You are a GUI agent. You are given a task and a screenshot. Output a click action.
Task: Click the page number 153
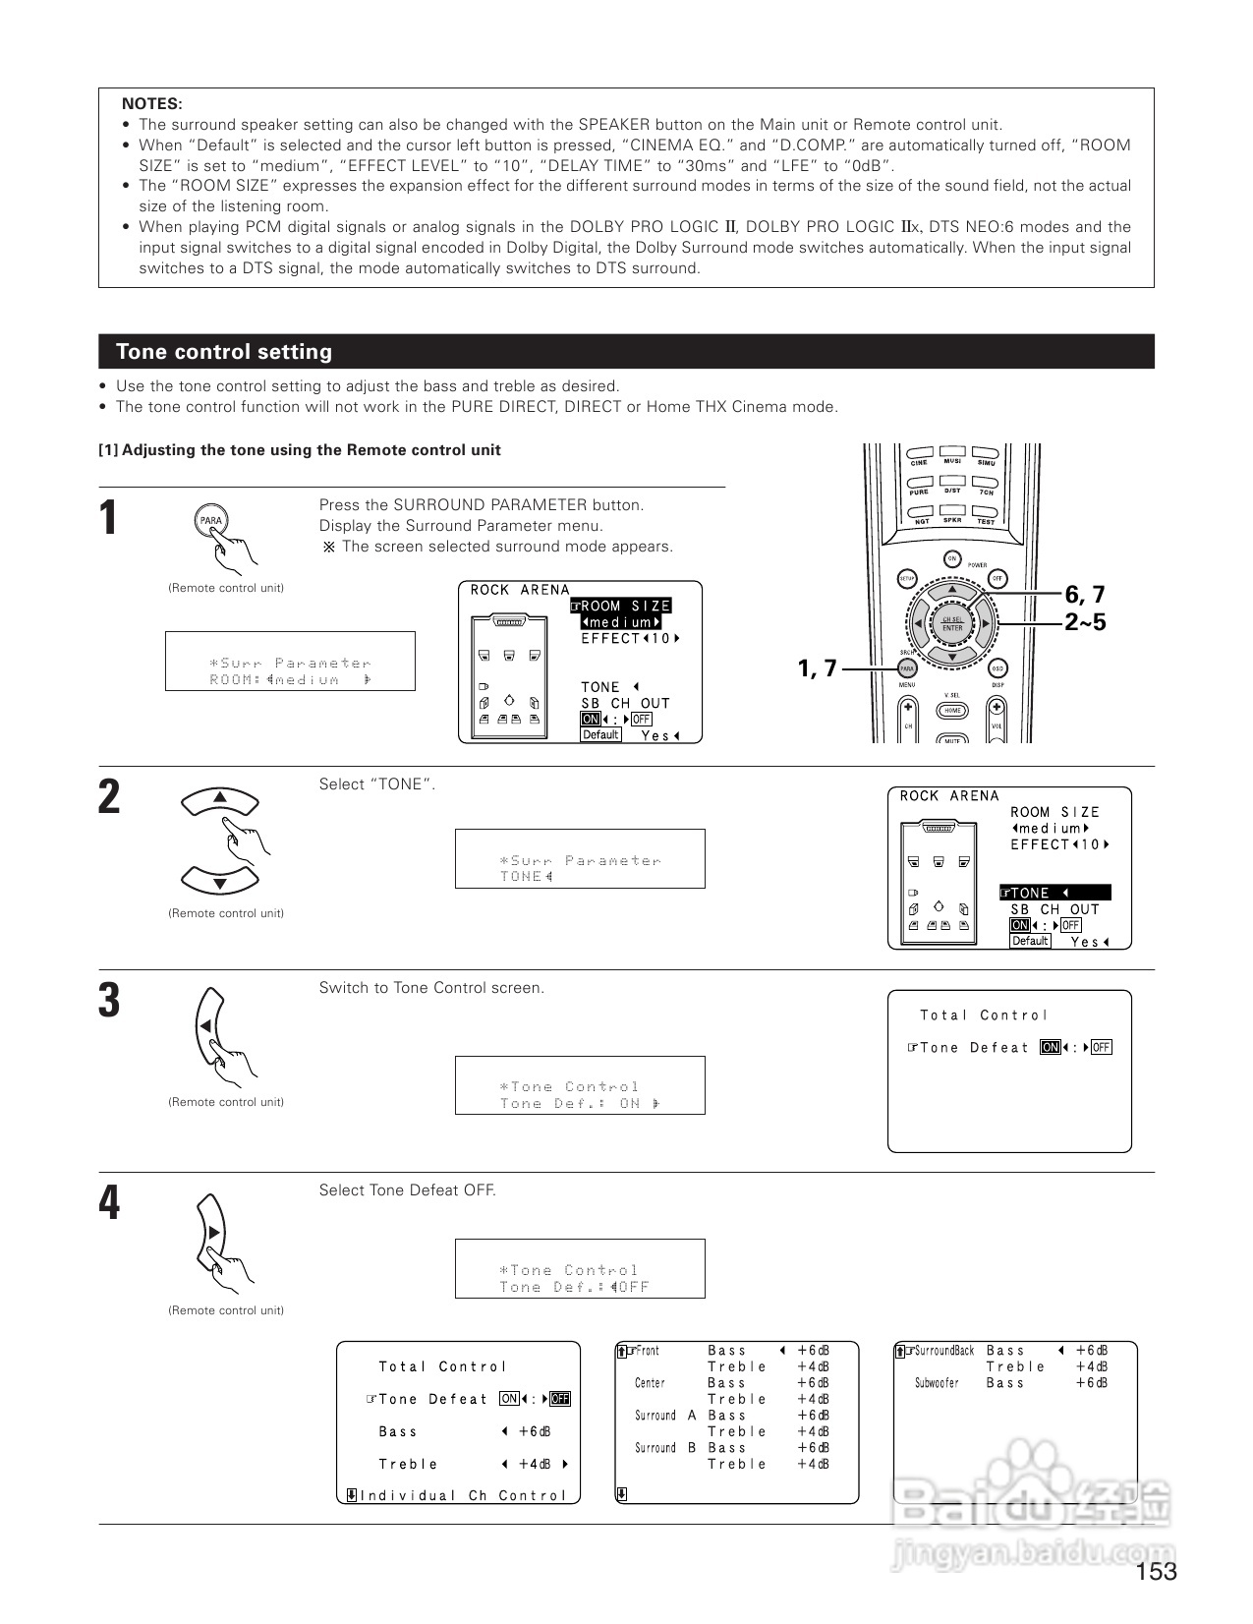point(1156,1572)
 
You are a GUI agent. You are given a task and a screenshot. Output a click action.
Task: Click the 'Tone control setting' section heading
point(224,352)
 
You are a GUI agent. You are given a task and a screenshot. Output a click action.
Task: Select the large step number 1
point(109,518)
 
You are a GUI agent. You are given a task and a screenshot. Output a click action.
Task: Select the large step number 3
point(109,1001)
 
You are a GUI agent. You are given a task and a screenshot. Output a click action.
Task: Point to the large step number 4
point(109,1203)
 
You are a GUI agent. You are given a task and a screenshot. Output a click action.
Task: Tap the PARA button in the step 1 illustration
point(211,521)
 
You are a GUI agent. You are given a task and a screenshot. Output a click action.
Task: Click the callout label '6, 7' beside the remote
point(1085,595)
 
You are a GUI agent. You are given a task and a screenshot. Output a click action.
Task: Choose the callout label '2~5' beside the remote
point(1085,622)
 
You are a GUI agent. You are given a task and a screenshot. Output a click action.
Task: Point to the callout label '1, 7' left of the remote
point(817,668)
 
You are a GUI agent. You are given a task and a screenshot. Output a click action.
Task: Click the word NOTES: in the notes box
point(151,104)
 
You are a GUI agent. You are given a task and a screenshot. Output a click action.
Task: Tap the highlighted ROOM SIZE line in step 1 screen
point(621,606)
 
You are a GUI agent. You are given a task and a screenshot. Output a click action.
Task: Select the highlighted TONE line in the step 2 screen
point(1054,893)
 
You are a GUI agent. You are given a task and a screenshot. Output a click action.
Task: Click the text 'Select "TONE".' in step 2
point(377,784)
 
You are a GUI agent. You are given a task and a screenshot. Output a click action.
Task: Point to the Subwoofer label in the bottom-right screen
point(937,1383)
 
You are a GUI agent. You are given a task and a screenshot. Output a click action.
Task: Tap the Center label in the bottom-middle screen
point(650,1383)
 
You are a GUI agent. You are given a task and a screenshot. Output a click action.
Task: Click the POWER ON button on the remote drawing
point(951,559)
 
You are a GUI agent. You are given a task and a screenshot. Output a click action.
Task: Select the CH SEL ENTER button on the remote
point(952,623)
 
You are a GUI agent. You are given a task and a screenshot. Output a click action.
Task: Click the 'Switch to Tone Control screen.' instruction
point(431,988)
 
